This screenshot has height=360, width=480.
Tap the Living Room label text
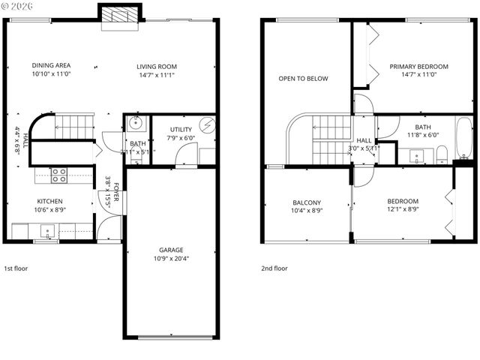(157, 66)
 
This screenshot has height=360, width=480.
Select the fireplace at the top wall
(119, 14)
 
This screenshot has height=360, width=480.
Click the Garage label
(170, 250)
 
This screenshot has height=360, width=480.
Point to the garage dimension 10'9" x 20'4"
(170, 259)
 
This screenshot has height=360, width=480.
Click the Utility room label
(181, 130)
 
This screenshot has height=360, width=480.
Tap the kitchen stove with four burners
(58, 175)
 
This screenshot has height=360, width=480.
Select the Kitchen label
(49, 201)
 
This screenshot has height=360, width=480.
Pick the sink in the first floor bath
(136, 122)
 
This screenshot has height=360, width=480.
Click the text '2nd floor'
(274, 268)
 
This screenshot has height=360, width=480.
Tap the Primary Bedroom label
(418, 67)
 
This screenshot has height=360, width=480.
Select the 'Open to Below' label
(303, 78)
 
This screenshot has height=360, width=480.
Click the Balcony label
(306, 202)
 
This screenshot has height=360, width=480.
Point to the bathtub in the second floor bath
(464, 139)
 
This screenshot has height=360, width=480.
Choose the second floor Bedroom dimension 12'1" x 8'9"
(403, 210)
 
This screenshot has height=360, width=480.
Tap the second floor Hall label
(364, 140)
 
